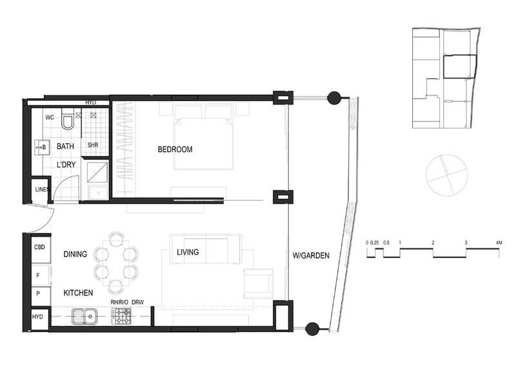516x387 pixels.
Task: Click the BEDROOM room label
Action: pyautogui.click(x=175, y=150)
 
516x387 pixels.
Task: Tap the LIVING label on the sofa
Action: pyautogui.click(x=188, y=252)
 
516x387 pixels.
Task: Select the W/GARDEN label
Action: pyautogui.click(x=311, y=255)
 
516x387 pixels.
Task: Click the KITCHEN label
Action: pyautogui.click(x=78, y=293)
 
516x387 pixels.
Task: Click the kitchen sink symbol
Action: pyautogui.click(x=84, y=316)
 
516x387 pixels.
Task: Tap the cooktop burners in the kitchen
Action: pyautogui.click(x=122, y=316)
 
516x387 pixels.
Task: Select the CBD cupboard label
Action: pyautogui.click(x=39, y=247)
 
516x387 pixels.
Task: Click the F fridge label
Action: pyautogui.click(x=38, y=274)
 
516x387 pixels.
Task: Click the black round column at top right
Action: pyautogui.click(x=334, y=98)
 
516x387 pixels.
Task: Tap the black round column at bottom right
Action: pyautogui.click(x=312, y=328)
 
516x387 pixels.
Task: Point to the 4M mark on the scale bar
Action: pyautogui.click(x=499, y=243)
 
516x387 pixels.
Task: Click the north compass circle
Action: pyautogui.click(x=446, y=174)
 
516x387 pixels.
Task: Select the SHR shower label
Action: pyautogui.click(x=93, y=145)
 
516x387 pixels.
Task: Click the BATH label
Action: pyautogui.click(x=65, y=147)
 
